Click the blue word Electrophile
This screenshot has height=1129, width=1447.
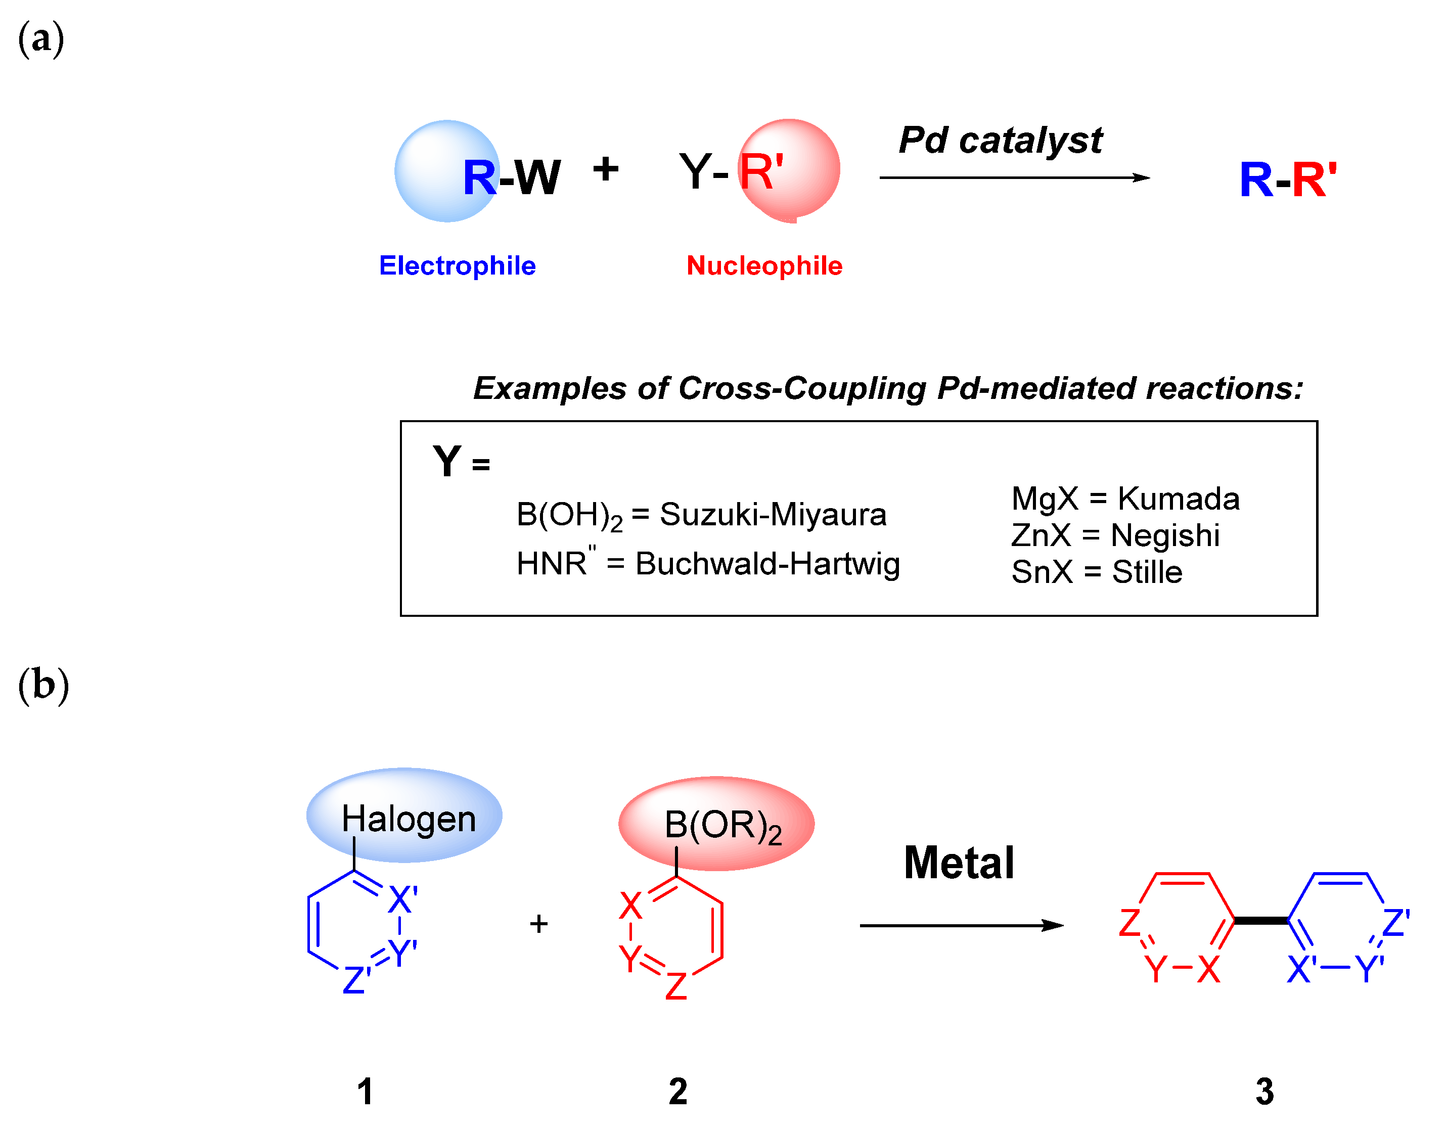(457, 265)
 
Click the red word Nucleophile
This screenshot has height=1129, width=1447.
(764, 265)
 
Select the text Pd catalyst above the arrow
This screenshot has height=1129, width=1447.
(1001, 141)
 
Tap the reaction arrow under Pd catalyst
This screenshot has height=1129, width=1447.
(1014, 177)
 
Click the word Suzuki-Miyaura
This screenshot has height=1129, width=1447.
(773, 515)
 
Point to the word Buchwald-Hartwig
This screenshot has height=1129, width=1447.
(767, 564)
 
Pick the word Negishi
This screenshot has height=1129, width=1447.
(1165, 535)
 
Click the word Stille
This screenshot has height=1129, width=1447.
(1147, 572)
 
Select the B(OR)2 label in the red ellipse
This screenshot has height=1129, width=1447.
(723, 826)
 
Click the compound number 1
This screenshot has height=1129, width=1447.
(365, 1091)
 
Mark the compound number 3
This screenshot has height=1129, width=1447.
(1264, 1091)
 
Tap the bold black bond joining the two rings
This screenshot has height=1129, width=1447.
(1261, 920)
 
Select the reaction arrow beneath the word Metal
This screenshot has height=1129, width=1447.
(961, 926)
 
